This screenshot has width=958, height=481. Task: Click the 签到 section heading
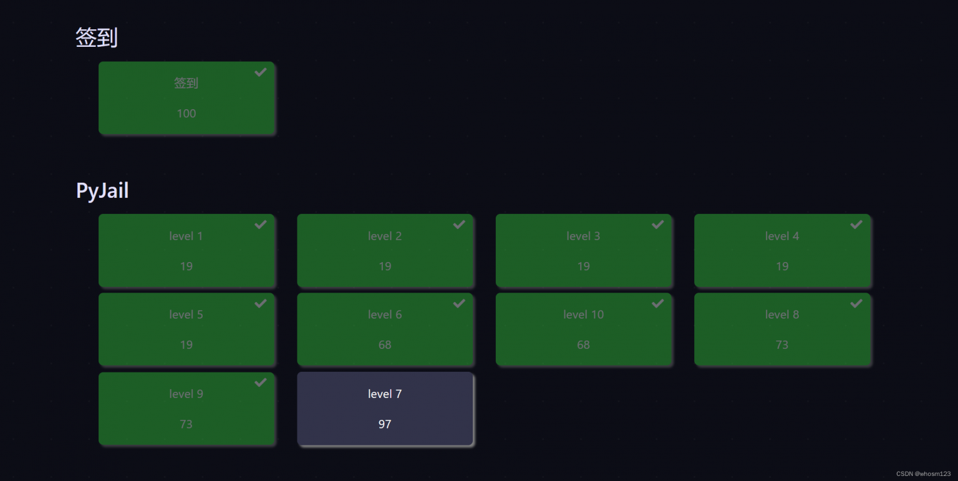tap(97, 38)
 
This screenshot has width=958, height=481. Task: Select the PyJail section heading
tap(102, 190)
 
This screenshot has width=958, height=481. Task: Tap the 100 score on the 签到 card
tap(186, 114)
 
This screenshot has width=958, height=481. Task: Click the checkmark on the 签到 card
tap(261, 72)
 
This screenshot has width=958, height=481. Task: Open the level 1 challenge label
tap(186, 236)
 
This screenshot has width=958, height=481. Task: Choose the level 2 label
tap(385, 236)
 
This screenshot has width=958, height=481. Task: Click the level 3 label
tap(583, 236)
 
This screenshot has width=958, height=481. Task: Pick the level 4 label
tap(782, 236)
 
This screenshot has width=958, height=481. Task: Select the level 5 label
tap(186, 315)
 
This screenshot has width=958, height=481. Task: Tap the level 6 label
tap(385, 315)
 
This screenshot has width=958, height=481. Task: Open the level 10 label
tap(583, 315)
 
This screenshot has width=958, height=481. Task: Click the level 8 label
tap(782, 315)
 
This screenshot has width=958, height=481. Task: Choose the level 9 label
tap(186, 394)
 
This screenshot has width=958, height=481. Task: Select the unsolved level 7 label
tap(385, 394)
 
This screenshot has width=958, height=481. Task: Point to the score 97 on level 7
tap(385, 424)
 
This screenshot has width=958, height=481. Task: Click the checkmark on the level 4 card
tap(856, 225)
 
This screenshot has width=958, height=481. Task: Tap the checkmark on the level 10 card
tap(657, 303)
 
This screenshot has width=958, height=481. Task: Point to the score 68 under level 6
tap(385, 345)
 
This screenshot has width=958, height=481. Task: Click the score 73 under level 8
tap(782, 345)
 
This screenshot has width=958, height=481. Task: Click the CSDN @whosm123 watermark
tap(923, 474)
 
